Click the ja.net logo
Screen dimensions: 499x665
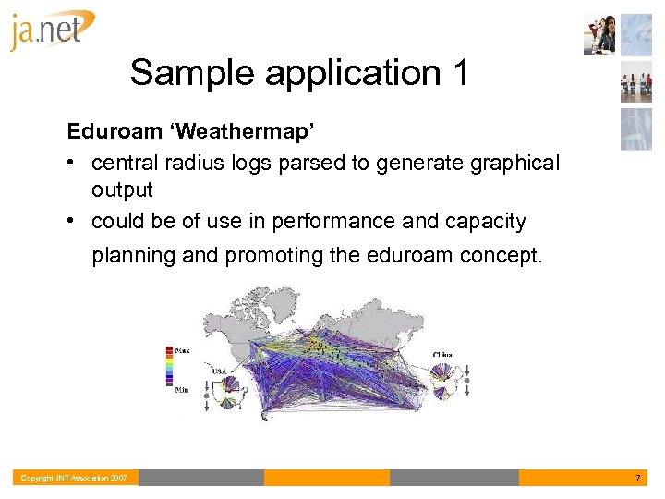(x=53, y=31)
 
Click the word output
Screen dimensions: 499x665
(x=121, y=189)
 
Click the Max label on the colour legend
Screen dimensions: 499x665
(x=184, y=349)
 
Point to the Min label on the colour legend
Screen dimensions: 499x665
(x=183, y=389)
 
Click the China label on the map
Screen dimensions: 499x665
(x=442, y=354)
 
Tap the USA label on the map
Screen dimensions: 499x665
(x=220, y=371)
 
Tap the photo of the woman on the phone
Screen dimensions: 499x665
(x=600, y=36)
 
